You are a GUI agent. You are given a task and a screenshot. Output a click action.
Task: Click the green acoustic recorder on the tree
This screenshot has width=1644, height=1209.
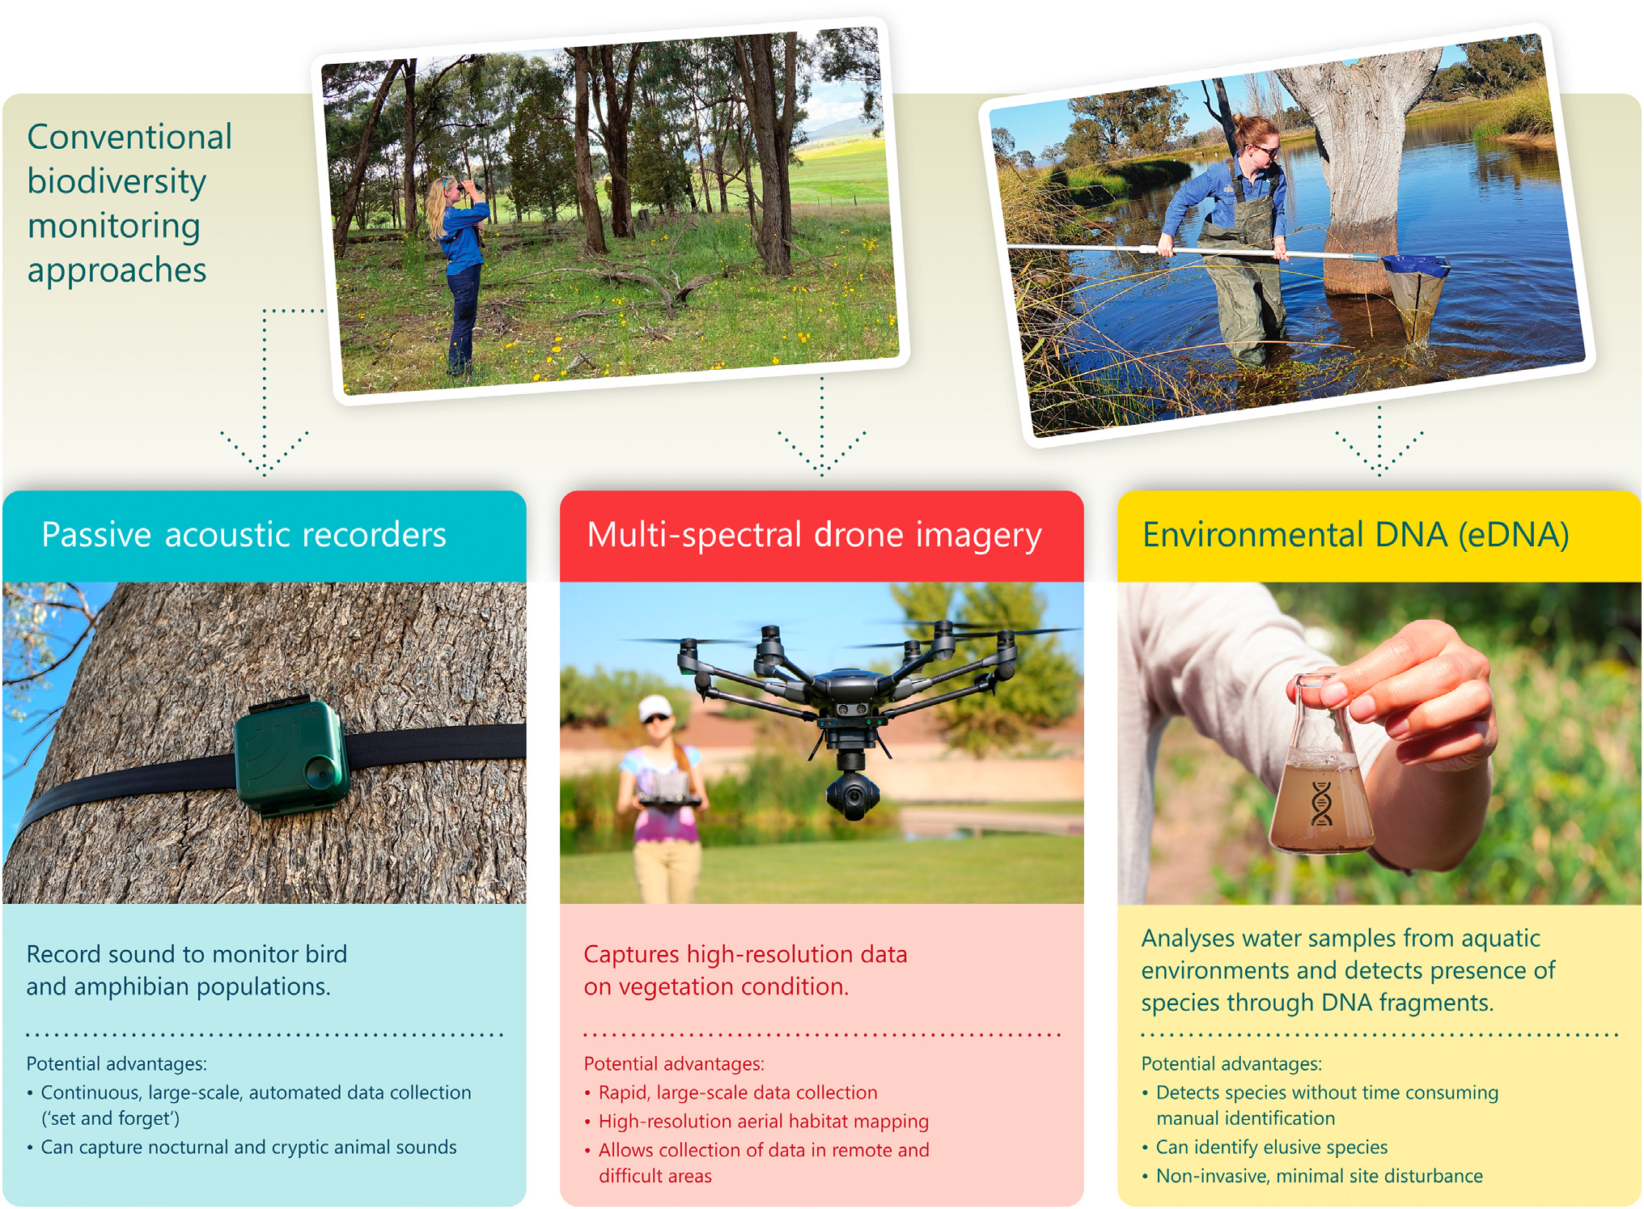tap(291, 757)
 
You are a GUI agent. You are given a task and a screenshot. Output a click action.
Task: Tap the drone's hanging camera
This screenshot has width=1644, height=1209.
tap(853, 790)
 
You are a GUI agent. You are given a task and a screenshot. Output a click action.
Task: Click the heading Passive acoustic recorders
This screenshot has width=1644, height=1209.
tap(244, 535)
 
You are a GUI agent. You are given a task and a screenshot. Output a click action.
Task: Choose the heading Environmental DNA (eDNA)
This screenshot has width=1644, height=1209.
tap(1355, 536)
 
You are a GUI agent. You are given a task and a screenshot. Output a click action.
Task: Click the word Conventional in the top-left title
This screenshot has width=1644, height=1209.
tap(129, 137)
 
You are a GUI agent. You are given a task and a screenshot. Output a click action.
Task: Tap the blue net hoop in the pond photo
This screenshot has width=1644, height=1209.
tap(1415, 264)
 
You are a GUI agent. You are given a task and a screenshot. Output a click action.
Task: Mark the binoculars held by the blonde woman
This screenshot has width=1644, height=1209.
tap(470, 187)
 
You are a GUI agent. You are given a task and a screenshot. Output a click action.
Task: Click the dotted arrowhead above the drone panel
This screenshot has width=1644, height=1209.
tap(821, 452)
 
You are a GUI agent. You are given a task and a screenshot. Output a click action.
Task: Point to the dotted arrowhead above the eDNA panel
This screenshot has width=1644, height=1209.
tap(1379, 452)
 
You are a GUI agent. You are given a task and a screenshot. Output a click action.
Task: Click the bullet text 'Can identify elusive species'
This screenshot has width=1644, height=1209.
tap(1271, 1147)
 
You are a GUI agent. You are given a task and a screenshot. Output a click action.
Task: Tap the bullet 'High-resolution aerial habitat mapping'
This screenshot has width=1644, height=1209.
tap(763, 1122)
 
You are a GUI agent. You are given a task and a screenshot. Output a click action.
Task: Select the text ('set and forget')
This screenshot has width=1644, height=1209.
tap(110, 1118)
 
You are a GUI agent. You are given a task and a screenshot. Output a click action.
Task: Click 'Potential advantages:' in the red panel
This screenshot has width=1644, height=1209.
tap(674, 1064)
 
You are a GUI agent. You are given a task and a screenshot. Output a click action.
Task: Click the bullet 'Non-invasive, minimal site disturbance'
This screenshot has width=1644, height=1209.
tap(1319, 1176)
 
